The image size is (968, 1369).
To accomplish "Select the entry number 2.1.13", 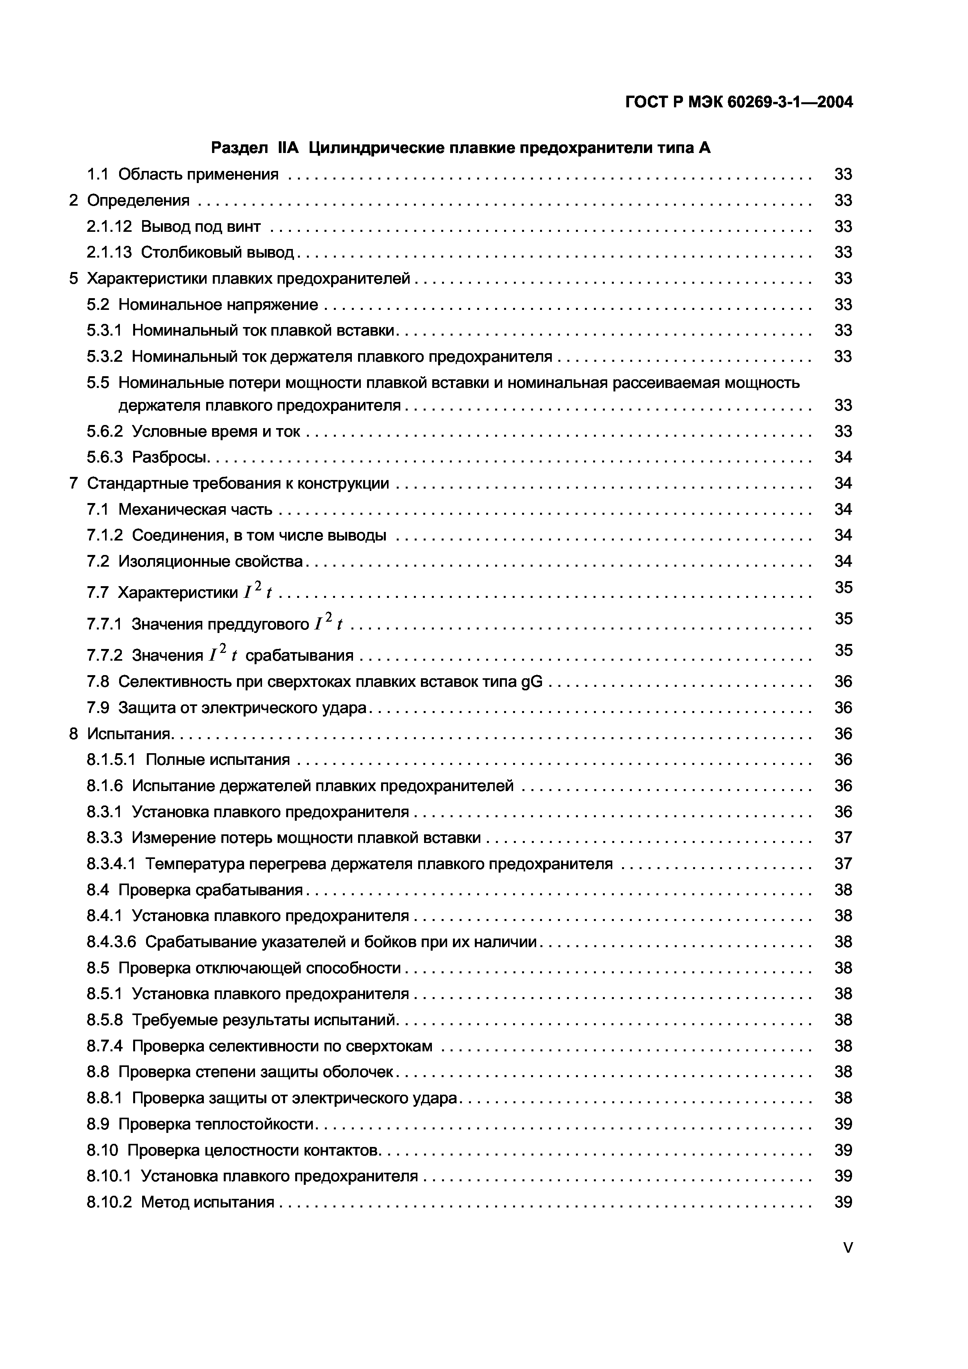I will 109,252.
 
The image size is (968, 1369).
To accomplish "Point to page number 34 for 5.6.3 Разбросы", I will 843,457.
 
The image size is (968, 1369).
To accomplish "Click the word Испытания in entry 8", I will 129,733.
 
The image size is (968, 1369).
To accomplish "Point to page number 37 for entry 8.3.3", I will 843,838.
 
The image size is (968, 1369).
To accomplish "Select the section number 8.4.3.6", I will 112,942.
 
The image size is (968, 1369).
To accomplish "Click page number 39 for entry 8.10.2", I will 843,1202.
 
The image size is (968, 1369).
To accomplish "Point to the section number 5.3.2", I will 104,357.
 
